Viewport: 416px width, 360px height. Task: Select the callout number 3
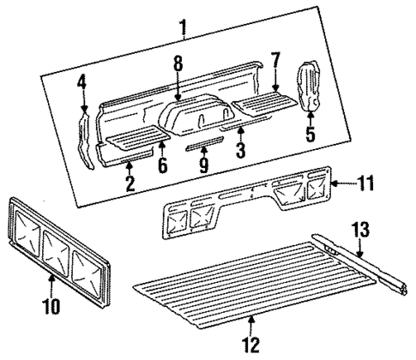tap(241, 148)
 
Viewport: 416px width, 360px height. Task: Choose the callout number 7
tap(274, 61)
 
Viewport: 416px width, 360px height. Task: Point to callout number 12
tap(250, 345)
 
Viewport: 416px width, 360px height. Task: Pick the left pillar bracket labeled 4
tap(86, 142)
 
